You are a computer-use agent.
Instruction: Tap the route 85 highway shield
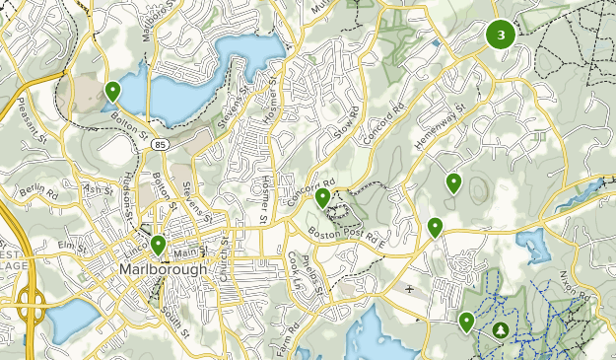[159, 144]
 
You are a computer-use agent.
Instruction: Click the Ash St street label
[100, 189]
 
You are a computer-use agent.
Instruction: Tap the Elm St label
[73, 243]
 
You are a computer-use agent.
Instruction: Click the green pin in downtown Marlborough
[158, 244]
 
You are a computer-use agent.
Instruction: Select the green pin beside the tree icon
[466, 321]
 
